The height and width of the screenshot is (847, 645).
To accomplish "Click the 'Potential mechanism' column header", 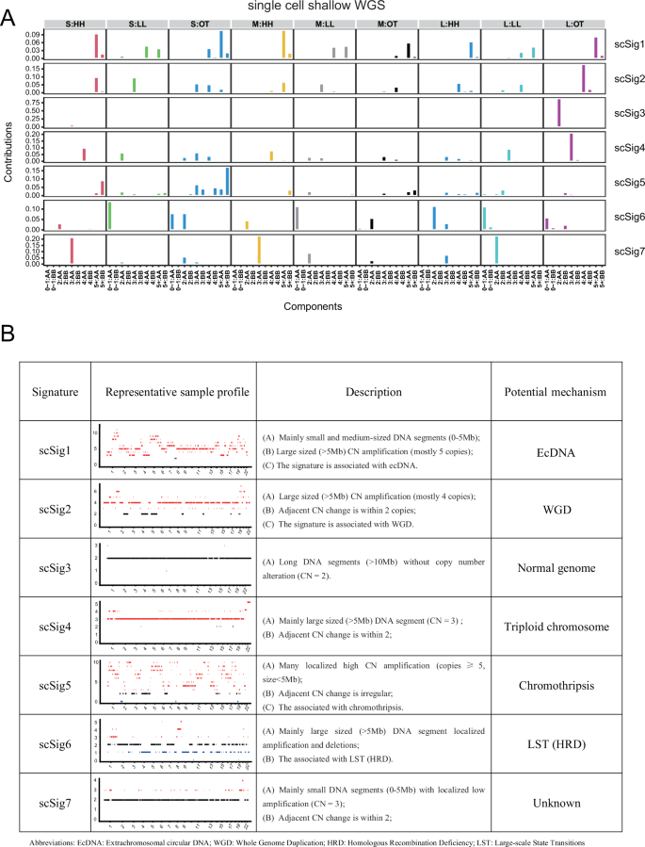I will click(551, 391).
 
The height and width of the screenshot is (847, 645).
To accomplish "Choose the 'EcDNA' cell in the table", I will click(551, 450).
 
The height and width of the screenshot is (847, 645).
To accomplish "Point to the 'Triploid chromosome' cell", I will click(551, 625).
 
